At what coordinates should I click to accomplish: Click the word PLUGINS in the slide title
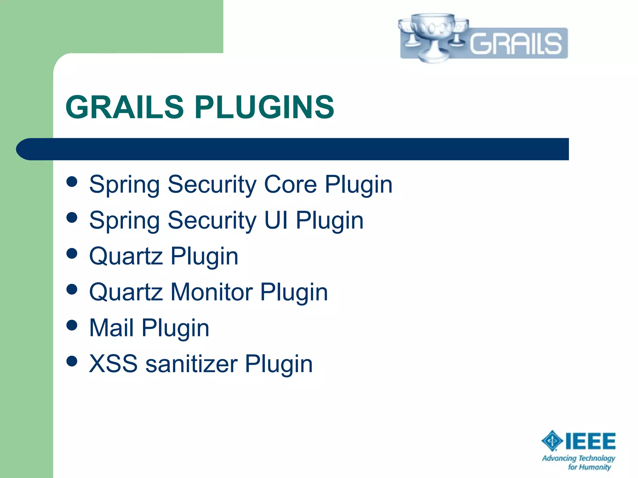coord(264,107)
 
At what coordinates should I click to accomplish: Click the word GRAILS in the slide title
coord(125,107)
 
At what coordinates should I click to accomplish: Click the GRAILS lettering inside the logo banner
coord(516,44)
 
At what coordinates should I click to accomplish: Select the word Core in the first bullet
coord(290,184)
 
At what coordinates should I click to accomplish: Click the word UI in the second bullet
coord(276,220)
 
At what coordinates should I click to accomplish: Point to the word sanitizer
coord(192,364)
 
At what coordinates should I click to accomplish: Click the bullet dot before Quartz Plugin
coord(72,253)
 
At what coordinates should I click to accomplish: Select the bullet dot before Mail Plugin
coord(72,325)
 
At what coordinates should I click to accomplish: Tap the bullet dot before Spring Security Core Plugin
coord(72,182)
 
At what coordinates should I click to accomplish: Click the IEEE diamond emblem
coord(552,441)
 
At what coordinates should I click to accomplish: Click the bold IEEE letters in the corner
coord(590,441)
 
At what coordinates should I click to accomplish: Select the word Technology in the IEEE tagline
coord(597,458)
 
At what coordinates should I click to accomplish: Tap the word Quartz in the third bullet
coord(126,256)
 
